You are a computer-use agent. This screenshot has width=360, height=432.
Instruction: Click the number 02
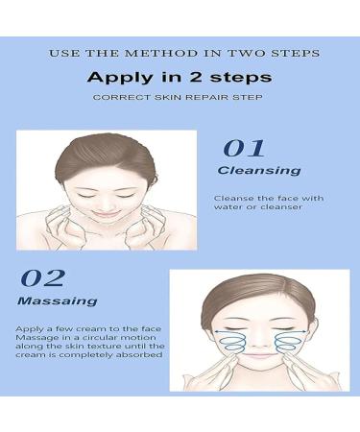pos(42,279)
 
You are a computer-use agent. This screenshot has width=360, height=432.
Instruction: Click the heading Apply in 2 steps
pos(180,76)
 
